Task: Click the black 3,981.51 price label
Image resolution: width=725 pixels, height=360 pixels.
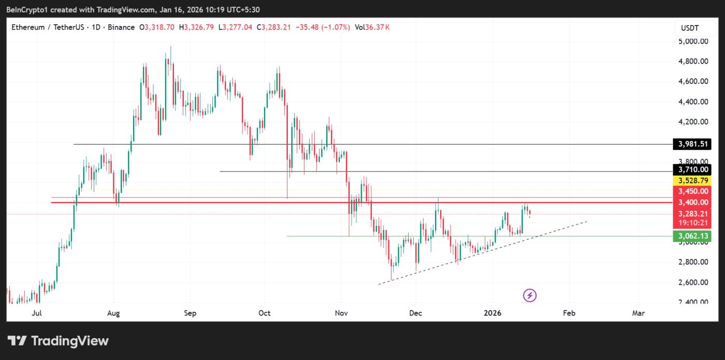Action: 691,144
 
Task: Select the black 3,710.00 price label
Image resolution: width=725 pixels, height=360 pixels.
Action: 691,170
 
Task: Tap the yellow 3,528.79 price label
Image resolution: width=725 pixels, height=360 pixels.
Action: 691,180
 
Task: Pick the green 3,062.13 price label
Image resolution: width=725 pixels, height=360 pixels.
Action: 691,236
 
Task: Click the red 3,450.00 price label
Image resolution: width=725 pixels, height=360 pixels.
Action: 691,191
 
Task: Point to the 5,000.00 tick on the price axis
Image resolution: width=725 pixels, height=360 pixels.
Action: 693,41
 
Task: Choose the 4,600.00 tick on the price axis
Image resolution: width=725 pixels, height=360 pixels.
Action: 693,81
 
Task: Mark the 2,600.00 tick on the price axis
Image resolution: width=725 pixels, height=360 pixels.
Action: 693,282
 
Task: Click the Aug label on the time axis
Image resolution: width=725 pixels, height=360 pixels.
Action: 114,313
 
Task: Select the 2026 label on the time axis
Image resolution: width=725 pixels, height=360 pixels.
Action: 492,313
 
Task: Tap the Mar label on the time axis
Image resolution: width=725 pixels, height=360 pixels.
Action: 639,313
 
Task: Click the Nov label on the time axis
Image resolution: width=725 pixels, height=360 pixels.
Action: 341,313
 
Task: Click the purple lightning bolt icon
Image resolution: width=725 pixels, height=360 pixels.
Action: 530,295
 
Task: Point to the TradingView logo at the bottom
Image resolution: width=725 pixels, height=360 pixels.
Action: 58,341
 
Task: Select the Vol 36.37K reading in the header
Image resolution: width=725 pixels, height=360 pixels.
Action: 371,27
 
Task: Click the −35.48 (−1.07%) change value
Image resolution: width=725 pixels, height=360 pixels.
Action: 322,27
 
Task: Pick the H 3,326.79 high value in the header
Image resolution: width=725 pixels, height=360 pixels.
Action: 197,27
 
